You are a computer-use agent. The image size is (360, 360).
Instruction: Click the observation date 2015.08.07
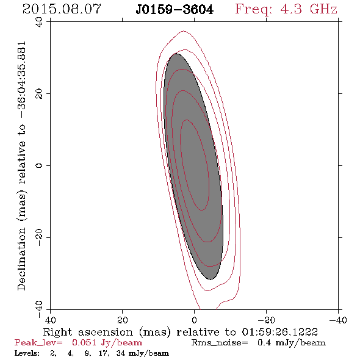62,9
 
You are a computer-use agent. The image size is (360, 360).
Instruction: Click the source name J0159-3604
175,10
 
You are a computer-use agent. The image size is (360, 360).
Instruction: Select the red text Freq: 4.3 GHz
286,9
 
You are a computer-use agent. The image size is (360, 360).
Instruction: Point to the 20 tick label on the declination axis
39,94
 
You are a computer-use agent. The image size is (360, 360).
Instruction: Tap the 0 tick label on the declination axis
39,165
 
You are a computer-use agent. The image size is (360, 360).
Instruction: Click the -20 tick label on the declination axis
39,237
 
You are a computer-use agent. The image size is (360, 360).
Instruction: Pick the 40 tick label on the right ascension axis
51,320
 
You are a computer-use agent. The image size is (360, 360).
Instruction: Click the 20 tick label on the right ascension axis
123,320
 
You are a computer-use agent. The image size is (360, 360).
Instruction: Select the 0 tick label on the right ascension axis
195,320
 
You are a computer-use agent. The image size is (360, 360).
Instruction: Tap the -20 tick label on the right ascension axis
266,320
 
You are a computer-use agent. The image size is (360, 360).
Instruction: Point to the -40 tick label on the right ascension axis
338,320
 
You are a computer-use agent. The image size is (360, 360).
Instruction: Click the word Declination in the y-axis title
21,259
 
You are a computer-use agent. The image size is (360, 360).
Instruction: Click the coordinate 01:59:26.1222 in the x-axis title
280,332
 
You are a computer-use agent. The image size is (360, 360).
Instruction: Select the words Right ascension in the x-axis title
88,332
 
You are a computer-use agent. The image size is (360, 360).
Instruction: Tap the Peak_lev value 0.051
84,342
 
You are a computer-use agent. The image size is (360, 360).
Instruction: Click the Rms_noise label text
220,342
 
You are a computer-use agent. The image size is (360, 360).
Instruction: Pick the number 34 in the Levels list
121,353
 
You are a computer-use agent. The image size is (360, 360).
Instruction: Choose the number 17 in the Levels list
103,353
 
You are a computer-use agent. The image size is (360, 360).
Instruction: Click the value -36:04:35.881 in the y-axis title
21,79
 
